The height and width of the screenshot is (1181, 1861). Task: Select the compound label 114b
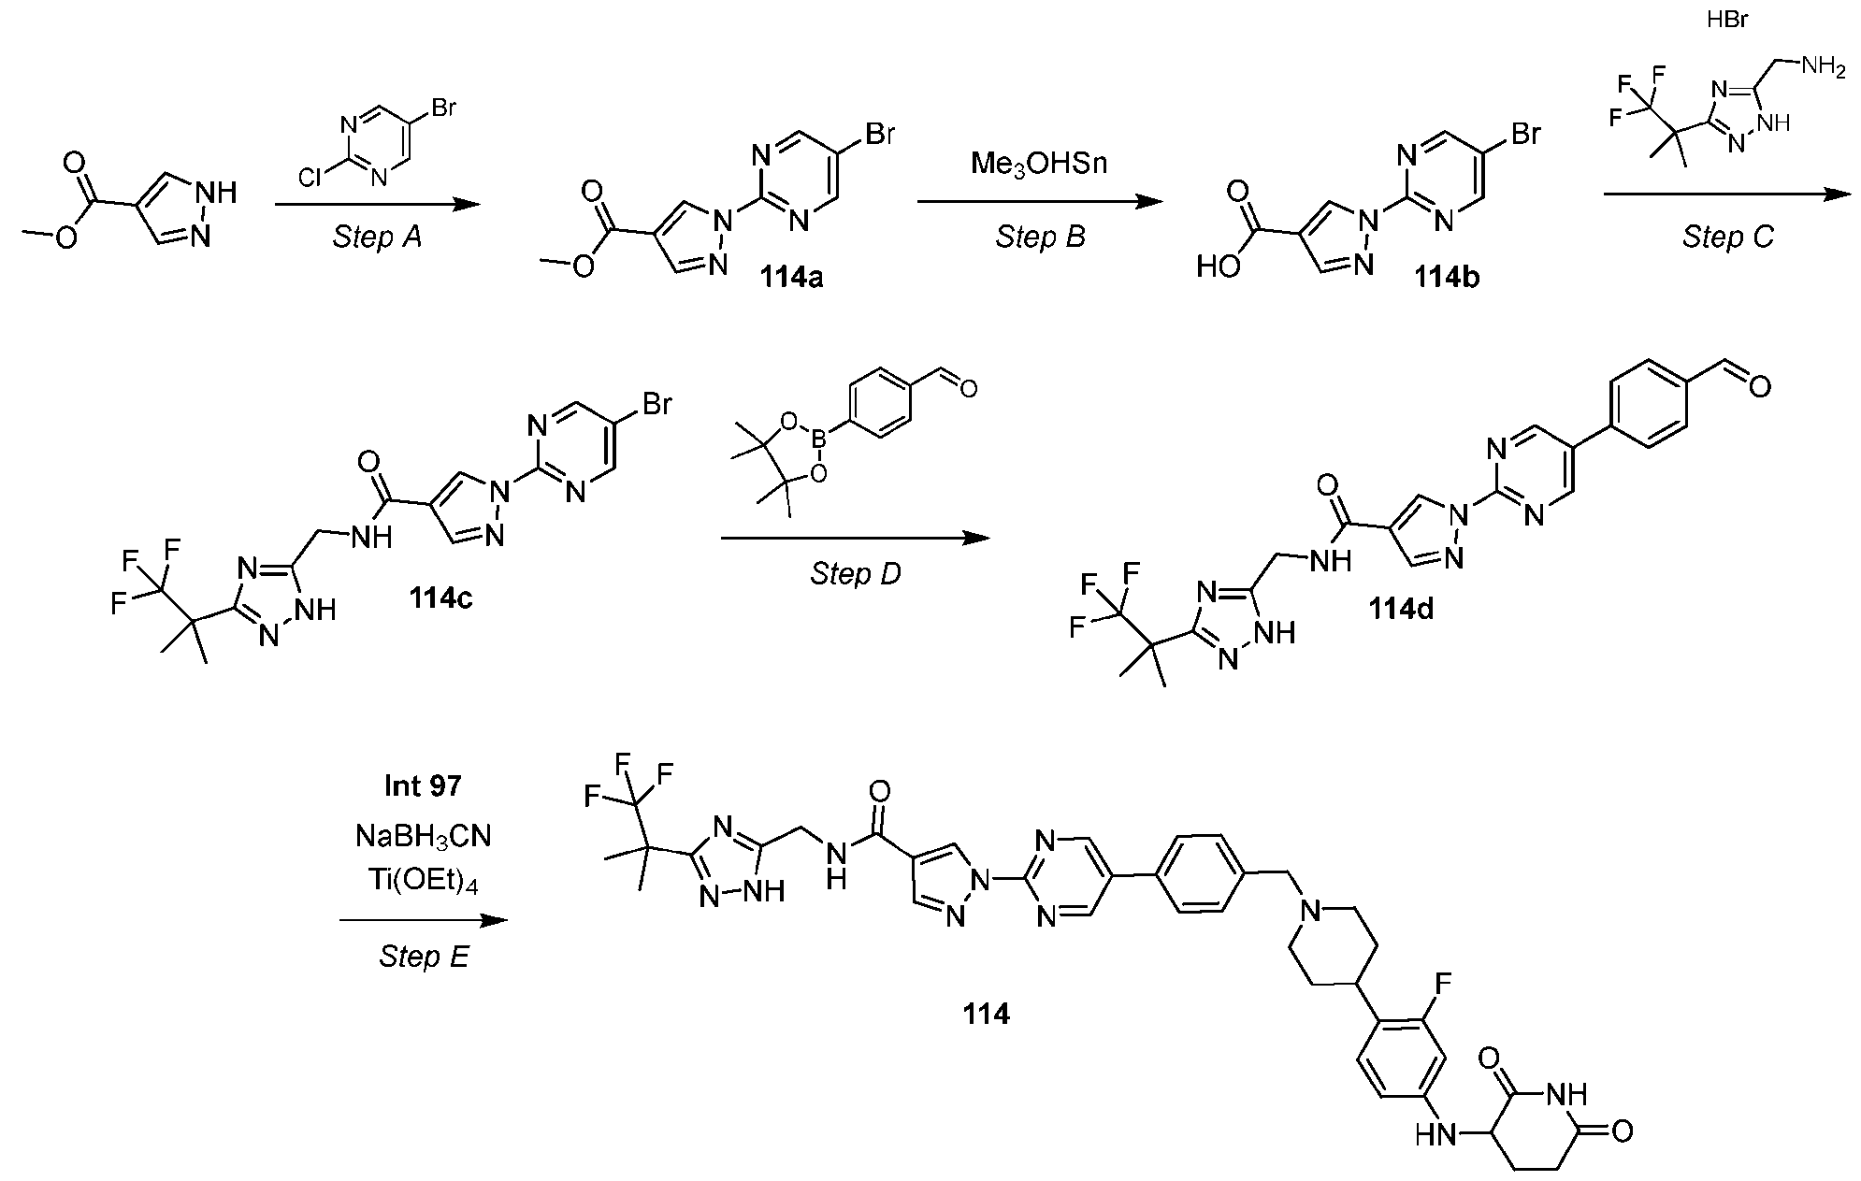[x=1445, y=278]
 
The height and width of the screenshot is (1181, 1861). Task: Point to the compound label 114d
[x=1401, y=609]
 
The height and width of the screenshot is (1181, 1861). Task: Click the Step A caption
[x=377, y=238]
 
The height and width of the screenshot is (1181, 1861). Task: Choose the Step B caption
[x=1040, y=238]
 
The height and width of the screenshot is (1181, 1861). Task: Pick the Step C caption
[x=1727, y=238]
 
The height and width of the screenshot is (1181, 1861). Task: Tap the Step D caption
[x=856, y=574]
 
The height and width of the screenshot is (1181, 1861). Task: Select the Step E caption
[x=424, y=957]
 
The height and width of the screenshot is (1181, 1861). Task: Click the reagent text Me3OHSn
[x=1039, y=165]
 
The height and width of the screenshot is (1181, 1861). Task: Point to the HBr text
[x=1727, y=19]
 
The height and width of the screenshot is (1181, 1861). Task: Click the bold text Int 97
[x=423, y=785]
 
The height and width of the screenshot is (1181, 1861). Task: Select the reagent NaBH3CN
[x=423, y=836]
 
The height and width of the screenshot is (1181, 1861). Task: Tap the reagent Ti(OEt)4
[x=423, y=883]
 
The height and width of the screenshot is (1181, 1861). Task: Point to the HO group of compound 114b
[x=1219, y=268]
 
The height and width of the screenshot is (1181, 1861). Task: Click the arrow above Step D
[x=856, y=538]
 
